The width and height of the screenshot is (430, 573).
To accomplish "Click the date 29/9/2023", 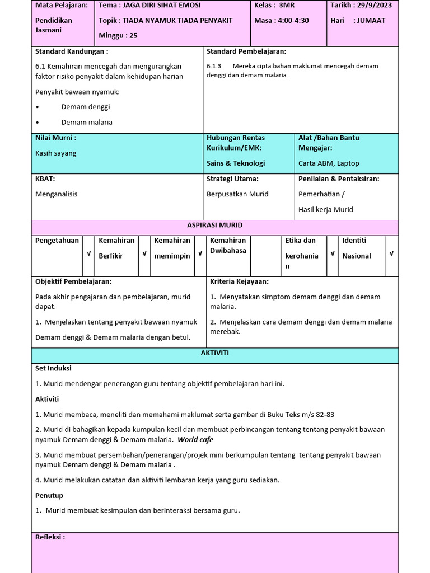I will tap(376, 5).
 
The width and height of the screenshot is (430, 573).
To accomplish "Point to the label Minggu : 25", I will tap(118, 36).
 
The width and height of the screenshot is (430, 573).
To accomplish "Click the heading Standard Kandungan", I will tap(72, 51).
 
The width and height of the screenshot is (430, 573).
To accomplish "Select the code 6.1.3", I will tap(214, 66).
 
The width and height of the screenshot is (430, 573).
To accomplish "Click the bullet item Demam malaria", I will tap(87, 122).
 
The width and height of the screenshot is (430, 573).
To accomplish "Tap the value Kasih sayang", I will tap(56, 153).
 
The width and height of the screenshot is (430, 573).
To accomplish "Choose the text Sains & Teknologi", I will tap(236, 163).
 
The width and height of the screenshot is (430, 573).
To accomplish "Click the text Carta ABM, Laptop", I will tap(329, 163).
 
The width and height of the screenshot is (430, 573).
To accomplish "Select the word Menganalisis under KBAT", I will tap(57, 194).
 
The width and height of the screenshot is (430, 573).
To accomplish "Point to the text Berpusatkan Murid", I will tap(237, 194).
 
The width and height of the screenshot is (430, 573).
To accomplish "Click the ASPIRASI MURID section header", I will tap(214, 226).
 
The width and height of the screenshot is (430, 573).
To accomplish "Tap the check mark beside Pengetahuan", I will tap(88, 253).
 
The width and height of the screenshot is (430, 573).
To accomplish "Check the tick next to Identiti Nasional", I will tap(391, 253).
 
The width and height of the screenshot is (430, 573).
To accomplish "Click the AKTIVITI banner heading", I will tap(214, 354).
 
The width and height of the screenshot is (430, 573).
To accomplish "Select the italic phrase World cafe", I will tap(195, 440).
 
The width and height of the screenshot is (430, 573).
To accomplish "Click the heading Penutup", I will tap(49, 496).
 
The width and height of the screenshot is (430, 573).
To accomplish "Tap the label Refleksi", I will tap(50, 537).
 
